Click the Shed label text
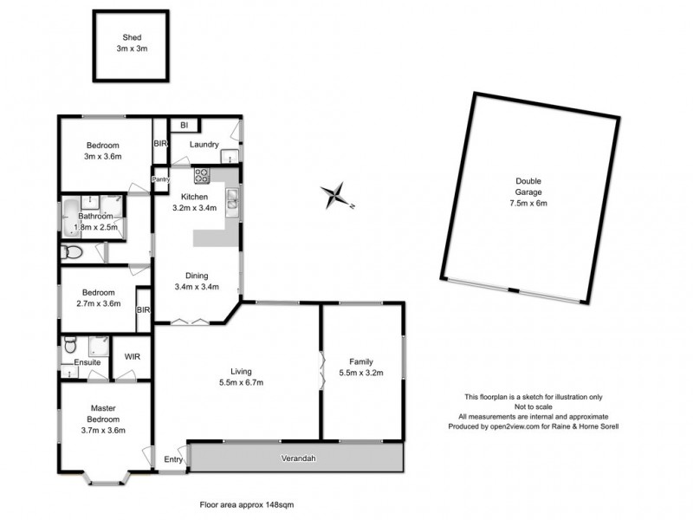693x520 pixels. [x=132, y=37]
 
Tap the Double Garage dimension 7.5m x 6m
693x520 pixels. [x=529, y=203]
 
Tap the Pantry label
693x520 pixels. [x=160, y=179]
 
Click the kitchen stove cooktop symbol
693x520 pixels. [x=202, y=175]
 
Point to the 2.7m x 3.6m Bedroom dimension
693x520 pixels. [x=97, y=304]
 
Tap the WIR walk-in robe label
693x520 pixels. [x=133, y=355]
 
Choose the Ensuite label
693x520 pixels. [x=87, y=362]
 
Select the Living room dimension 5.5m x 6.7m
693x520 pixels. [x=240, y=382]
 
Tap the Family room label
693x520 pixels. [x=361, y=361]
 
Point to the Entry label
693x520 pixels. [x=173, y=459]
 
